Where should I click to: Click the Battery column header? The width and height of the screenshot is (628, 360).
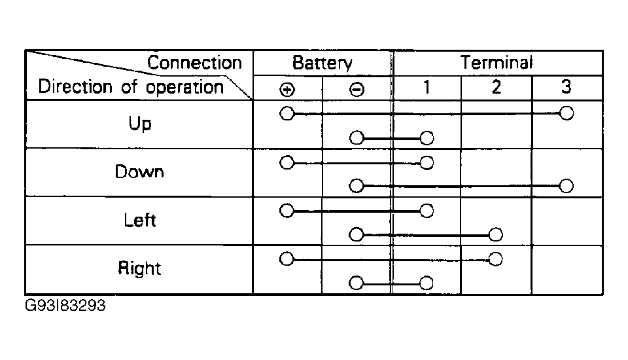pos(323,63)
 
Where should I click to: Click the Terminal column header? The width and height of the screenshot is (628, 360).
pos(497,63)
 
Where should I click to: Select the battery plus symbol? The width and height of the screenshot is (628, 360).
pos(287,90)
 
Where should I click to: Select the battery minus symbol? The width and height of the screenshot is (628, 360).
pos(357,90)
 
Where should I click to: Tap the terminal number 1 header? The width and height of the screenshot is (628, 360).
pos(427,86)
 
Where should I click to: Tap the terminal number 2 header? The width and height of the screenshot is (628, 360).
pos(497,86)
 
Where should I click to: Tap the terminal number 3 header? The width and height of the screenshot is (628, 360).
pos(566,86)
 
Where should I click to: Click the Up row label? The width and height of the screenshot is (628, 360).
pos(140,124)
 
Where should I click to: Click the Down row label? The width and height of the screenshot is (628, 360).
pos(139,171)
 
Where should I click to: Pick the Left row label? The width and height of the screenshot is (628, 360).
pos(139,220)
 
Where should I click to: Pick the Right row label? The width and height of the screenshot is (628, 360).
pos(139,268)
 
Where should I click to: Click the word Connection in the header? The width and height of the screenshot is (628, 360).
pos(195,63)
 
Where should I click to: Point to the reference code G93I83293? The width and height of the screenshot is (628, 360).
pos(65,306)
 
